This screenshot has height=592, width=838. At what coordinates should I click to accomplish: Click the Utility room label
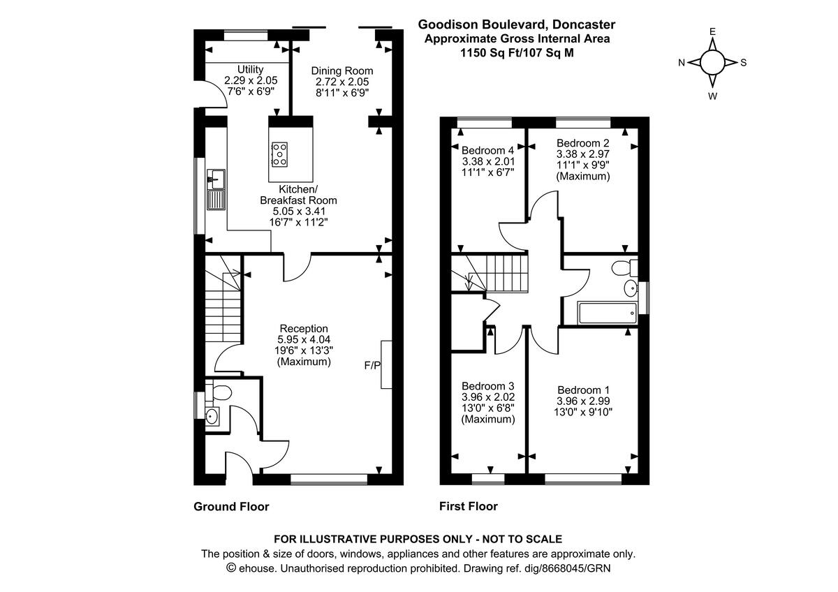(x=250, y=69)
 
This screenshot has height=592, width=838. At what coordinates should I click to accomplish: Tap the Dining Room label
(x=342, y=71)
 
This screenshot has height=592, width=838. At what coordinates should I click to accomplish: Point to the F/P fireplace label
(x=373, y=365)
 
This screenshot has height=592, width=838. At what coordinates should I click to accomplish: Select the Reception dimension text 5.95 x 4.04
(x=304, y=340)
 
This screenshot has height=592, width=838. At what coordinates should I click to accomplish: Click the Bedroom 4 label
(x=488, y=150)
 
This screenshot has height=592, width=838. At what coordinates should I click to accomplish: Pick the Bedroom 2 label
(x=583, y=143)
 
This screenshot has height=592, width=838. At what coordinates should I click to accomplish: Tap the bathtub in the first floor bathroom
(x=608, y=313)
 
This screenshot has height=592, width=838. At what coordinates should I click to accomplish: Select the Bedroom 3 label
(x=488, y=386)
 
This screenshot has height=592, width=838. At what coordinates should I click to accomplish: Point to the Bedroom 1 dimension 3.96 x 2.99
(x=583, y=401)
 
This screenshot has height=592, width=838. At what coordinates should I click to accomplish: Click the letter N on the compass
(x=682, y=63)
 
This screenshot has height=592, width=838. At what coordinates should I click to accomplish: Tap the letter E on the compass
(x=712, y=31)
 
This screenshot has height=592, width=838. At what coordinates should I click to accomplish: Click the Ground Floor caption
(x=231, y=507)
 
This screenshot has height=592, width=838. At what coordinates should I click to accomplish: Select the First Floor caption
(x=469, y=506)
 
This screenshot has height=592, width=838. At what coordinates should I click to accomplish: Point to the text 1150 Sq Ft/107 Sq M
(x=517, y=52)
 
